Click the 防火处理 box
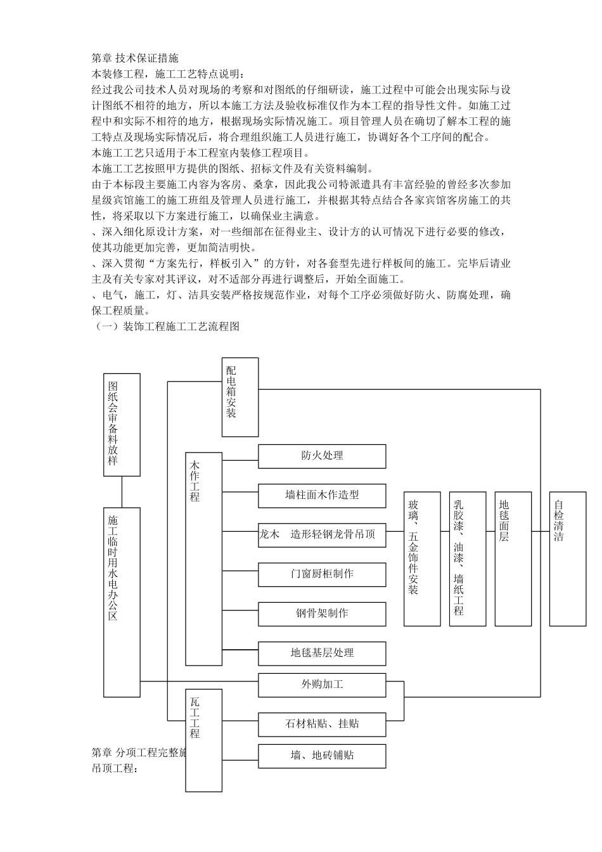pyautogui.click(x=322, y=456)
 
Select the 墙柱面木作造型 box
pyautogui.click(x=322, y=496)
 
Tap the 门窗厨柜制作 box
pyautogui.click(x=322, y=574)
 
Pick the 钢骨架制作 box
pyautogui.click(x=322, y=614)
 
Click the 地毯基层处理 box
pyautogui.click(x=322, y=654)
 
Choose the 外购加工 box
pyautogui.click(x=322, y=685)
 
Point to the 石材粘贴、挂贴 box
pyautogui.click(x=322, y=724)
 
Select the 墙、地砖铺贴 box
pyautogui.click(x=322, y=756)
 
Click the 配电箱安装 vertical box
pyautogui.click(x=240, y=397)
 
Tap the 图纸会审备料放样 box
pyautogui.click(x=122, y=425)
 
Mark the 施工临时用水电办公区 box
pyautogui.click(x=122, y=602)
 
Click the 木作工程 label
pyautogui.click(x=195, y=481)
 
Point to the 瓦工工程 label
pyautogui.click(x=195, y=718)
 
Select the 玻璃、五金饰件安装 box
pyautogui.click(x=422, y=558)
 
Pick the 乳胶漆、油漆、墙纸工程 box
pyautogui.click(x=468, y=558)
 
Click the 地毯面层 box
pyautogui.click(x=513, y=558)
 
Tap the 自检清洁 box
pyautogui.click(x=568, y=558)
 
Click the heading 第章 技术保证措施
pyautogui.click(x=135, y=58)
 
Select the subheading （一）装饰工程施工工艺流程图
pyautogui.click(x=166, y=326)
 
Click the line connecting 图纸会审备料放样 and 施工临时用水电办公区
pyautogui.click(x=122, y=492)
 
